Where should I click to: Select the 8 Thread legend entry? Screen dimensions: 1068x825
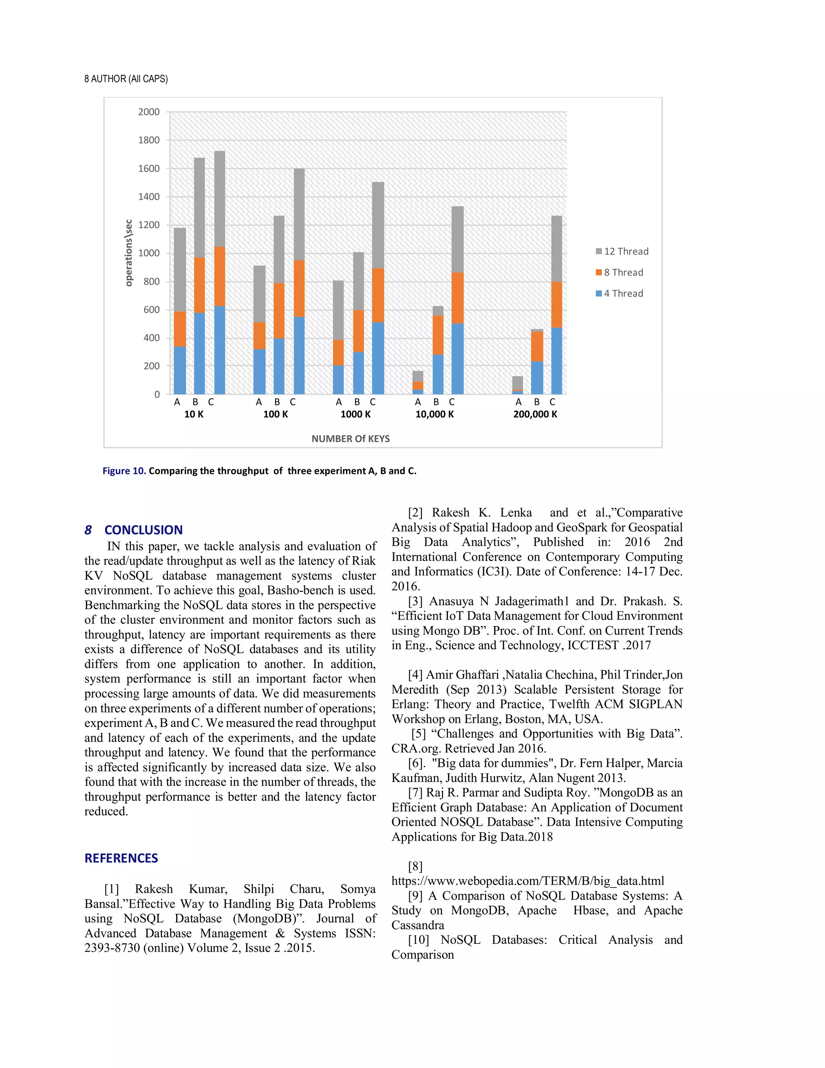coord(619,272)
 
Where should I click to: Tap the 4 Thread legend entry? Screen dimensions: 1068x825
coord(619,293)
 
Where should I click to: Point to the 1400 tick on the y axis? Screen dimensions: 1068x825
coord(149,197)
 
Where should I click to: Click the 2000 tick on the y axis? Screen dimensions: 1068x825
coord(149,112)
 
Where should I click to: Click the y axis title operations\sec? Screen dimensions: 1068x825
coord(129,253)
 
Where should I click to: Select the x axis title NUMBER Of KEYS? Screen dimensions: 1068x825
coord(350,438)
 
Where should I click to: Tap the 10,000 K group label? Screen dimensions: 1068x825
coord(435,414)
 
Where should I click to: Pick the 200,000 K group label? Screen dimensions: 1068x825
coord(535,414)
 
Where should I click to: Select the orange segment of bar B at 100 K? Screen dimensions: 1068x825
coord(279,310)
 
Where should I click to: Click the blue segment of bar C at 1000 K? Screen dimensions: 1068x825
coord(378,358)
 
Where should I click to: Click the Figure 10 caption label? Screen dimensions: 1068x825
coord(124,471)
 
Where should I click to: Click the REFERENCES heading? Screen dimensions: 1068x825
coord(121,858)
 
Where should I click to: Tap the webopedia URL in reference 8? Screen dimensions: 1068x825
coord(527,881)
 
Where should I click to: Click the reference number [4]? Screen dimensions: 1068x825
coord(415,675)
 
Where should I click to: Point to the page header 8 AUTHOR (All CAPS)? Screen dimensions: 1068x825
coord(126,79)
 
